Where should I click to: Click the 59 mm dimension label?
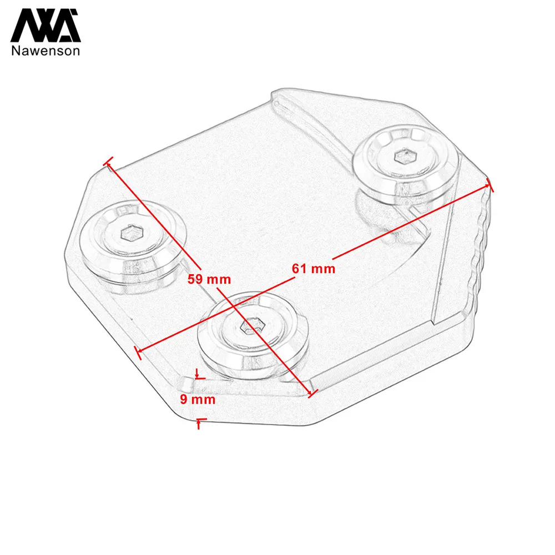pos(209,280)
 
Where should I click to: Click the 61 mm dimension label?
pos(314,269)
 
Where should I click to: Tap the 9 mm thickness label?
pos(198,400)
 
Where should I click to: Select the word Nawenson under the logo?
pos(46,51)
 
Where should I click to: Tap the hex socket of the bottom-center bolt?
pos(251,327)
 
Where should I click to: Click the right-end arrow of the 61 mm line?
pos(490,185)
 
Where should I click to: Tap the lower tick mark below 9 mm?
pos(200,422)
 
